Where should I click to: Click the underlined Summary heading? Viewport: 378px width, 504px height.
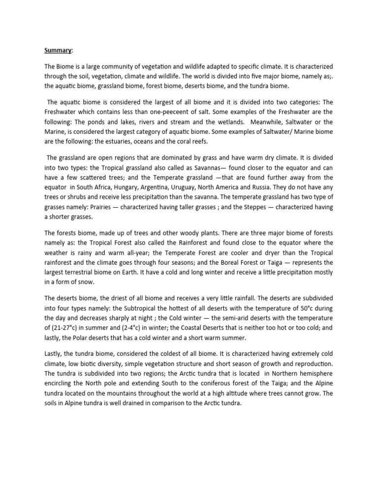click(58, 50)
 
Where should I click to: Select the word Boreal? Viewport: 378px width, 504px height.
click(228, 262)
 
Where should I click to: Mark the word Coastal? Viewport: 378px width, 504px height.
click(233, 329)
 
